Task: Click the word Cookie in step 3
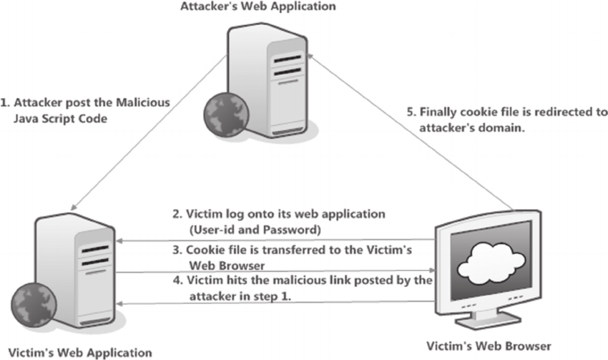point(191,249)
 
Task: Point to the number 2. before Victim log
point(177,213)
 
